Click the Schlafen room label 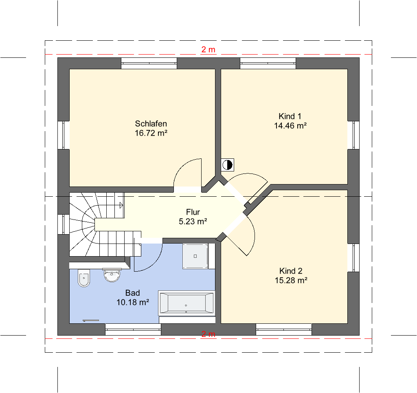[151, 124]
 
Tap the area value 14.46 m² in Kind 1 [290, 125]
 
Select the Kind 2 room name [291, 271]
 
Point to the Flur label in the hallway [193, 212]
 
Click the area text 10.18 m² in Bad [132, 302]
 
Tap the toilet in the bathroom [84, 277]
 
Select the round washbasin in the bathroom [112, 275]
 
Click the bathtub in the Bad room [187, 303]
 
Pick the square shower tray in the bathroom [195, 256]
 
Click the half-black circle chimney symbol [227, 165]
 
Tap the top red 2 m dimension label [208, 49]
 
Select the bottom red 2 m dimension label [208, 334]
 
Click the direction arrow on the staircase [121, 205]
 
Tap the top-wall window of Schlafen [149, 63]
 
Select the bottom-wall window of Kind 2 [284, 329]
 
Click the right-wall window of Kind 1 [354, 135]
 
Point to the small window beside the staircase [63, 224]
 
